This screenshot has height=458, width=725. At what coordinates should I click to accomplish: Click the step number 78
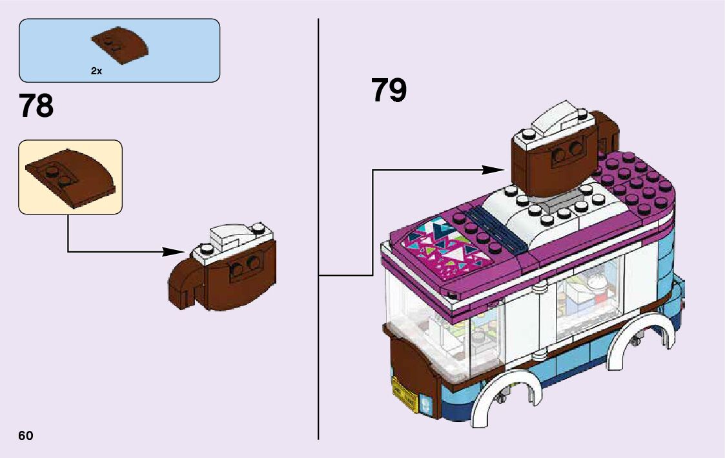[36, 106]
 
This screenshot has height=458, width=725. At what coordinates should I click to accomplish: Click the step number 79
[389, 90]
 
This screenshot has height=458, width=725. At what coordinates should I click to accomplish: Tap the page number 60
[26, 435]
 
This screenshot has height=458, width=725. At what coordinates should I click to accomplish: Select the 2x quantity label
[96, 72]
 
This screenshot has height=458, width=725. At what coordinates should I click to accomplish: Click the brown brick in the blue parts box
[120, 44]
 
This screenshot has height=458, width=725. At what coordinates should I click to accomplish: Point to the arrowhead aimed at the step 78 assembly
[174, 251]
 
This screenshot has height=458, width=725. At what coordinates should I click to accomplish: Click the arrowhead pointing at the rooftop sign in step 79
[494, 170]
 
